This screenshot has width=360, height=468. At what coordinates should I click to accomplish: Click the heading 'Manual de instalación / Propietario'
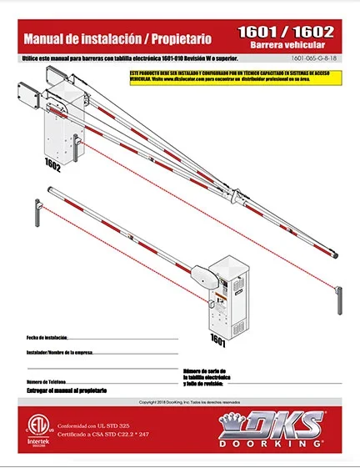(x=117, y=38)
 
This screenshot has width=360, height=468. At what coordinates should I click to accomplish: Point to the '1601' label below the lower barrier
(x=217, y=340)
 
